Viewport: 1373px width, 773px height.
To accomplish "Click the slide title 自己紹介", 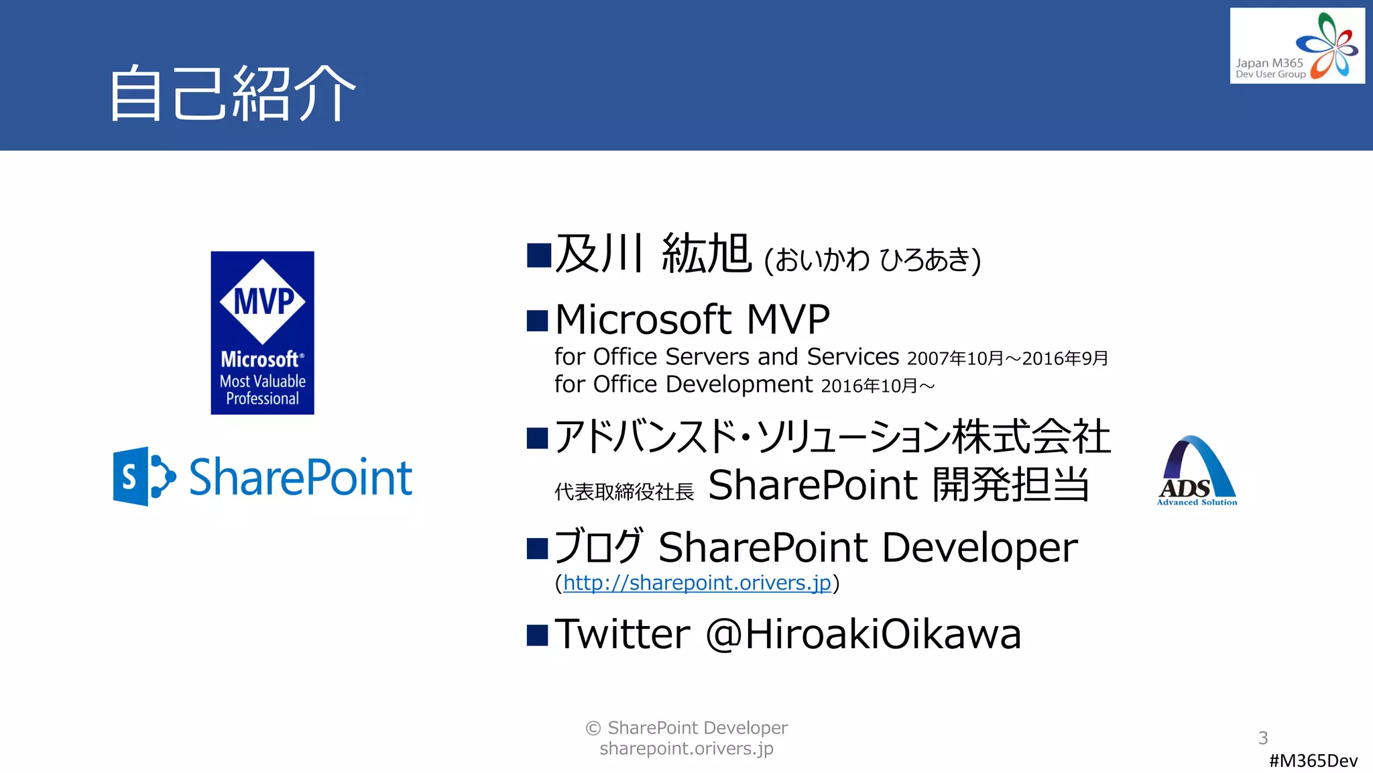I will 232,93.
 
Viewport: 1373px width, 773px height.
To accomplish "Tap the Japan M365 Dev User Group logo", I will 1297,46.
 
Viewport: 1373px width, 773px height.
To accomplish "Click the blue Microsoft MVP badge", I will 262,333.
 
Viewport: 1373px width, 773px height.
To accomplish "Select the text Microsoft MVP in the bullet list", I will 692,319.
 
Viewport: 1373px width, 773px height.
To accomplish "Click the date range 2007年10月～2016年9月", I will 1008,358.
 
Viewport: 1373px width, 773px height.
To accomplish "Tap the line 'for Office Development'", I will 683,384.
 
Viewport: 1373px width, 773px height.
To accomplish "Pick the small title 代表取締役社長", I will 624,492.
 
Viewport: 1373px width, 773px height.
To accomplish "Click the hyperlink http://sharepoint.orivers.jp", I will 697,582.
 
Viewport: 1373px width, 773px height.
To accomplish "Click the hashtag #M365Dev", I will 1313,760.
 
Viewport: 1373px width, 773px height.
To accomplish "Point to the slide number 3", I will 1263,738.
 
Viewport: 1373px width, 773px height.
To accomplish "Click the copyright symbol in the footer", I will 593,728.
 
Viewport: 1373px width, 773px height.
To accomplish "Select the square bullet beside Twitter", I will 538,635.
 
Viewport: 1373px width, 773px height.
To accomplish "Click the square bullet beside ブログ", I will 538,548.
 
